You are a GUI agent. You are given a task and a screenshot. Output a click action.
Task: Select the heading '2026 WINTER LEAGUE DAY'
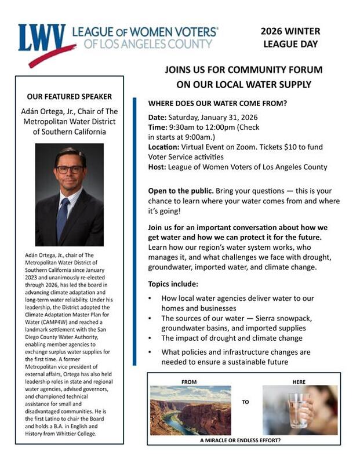click(290, 37)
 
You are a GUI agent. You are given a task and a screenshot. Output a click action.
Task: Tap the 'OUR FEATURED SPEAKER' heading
click(70, 96)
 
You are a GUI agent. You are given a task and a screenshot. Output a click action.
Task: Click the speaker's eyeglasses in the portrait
click(70, 169)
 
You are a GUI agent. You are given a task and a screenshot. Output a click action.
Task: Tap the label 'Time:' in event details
click(158, 128)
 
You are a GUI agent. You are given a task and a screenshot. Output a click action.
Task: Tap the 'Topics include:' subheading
click(173, 284)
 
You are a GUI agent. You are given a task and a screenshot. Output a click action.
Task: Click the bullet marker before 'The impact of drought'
click(150, 338)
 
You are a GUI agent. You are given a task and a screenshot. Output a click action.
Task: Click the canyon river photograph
click(190, 410)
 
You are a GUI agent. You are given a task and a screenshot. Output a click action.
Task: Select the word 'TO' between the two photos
click(245, 401)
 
